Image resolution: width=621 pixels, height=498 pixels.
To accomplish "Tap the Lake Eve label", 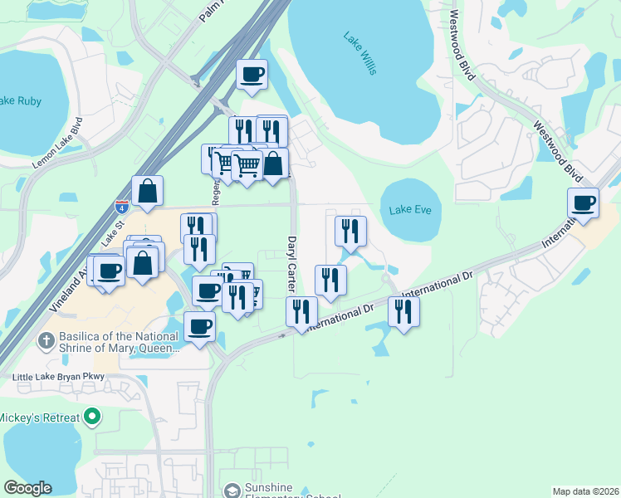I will [410, 210].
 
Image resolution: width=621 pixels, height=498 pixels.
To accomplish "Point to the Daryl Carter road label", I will [291, 262].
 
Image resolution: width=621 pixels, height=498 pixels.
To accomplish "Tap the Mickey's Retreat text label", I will [40, 416].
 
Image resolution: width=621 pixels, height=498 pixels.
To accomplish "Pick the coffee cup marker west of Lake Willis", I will [252, 75].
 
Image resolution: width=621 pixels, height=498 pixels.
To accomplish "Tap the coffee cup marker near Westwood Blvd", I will [583, 203].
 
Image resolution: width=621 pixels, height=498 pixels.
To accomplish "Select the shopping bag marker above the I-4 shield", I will [147, 191].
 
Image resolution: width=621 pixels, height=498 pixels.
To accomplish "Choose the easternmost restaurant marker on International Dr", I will [403, 311].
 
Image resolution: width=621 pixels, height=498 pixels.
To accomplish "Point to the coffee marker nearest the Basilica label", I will [199, 326].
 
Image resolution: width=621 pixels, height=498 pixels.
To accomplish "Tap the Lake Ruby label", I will [20, 101].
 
